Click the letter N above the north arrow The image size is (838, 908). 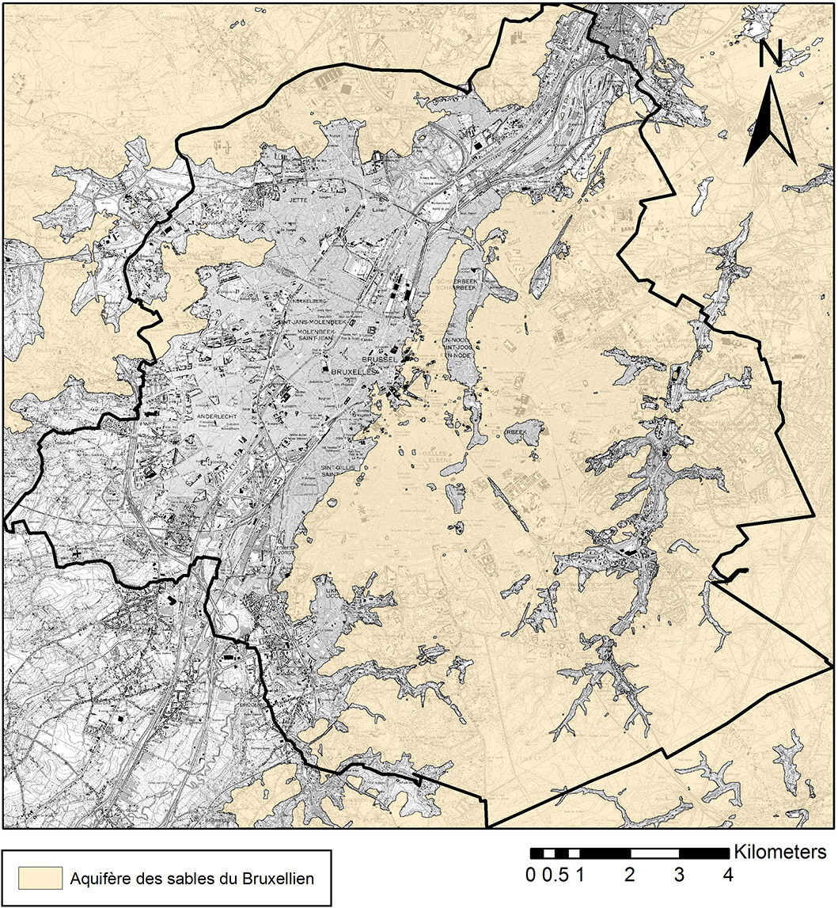tap(771, 53)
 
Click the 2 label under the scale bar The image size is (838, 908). tap(630, 876)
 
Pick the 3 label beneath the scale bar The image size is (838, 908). tap(679, 876)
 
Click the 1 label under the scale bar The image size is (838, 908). tap(580, 876)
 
